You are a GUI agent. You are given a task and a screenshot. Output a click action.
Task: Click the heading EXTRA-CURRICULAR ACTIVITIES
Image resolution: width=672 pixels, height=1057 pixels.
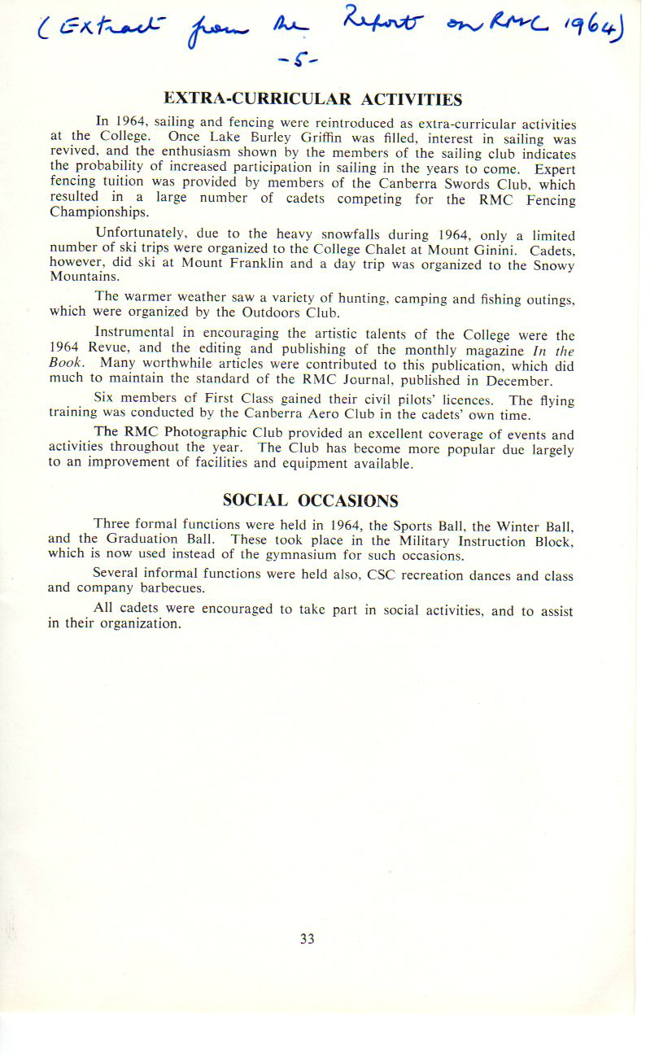coord(312,99)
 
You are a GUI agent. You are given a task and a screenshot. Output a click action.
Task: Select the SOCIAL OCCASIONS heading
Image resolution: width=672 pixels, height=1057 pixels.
coord(311,500)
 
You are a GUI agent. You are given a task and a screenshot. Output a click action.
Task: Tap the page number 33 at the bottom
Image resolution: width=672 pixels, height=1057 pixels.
coord(307,938)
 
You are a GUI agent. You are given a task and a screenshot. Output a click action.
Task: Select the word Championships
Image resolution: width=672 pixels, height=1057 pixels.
coord(98,214)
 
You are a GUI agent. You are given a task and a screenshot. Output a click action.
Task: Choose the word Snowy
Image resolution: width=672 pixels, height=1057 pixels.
coord(553,265)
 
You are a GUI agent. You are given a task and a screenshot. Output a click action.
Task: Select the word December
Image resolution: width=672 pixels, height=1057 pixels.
coord(520,380)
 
